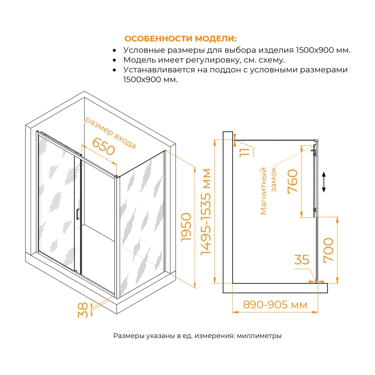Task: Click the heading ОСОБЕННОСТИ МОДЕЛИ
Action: tap(181, 39)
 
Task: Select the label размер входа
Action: tap(110, 132)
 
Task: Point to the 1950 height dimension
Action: tap(186, 227)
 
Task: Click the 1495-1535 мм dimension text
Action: tap(206, 212)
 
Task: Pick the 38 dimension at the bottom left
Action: tap(83, 310)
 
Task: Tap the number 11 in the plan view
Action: tap(244, 152)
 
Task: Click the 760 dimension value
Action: tap(292, 181)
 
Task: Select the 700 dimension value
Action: tap(328, 250)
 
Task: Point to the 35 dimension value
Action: tap(302, 260)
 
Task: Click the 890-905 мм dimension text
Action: tap(275, 305)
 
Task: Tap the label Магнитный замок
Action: tap(268, 191)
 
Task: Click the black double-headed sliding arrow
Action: tap(324, 182)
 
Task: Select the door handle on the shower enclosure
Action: tap(77, 214)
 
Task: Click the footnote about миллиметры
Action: tap(197, 336)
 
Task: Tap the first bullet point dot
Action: tap(114, 50)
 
